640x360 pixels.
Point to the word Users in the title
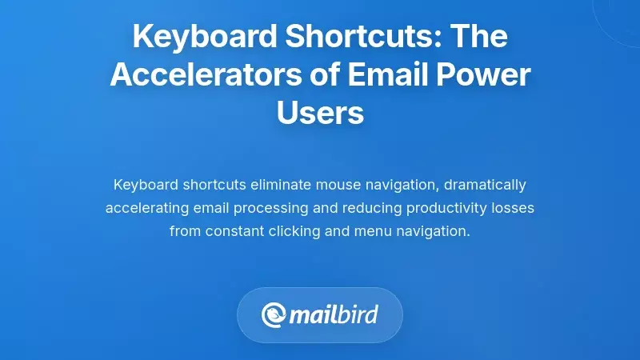click(x=320, y=112)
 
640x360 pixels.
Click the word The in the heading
click(x=479, y=37)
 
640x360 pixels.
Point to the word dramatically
click(x=485, y=185)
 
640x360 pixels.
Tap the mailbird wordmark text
click(x=334, y=314)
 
